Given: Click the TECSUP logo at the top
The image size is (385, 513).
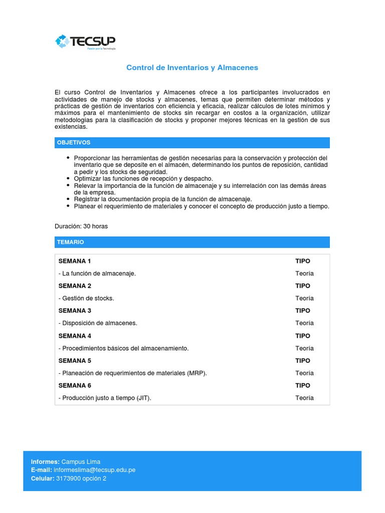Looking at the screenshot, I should tap(85, 42).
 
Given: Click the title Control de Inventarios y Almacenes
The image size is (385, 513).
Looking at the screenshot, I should tap(192, 67).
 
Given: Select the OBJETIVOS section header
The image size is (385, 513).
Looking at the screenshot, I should tap(74, 143).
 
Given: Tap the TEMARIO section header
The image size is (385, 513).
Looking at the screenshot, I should tap(71, 242).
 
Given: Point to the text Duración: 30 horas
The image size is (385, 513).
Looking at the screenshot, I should tap(81, 226).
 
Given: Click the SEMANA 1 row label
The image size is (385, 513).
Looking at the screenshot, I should tap(75, 261).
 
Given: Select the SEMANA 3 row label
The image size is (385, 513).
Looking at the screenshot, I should tap(75, 311).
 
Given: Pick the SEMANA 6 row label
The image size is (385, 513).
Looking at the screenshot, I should tap(75, 385).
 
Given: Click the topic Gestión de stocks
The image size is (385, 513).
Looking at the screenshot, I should tap(87, 298).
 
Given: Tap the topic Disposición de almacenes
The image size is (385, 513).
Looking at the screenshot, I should tap(98, 323).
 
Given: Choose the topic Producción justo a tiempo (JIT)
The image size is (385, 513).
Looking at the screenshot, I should tap(105, 398).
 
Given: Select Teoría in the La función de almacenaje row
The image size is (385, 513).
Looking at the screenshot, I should tap(304, 274).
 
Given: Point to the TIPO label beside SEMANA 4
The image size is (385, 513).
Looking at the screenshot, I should tap(303, 336).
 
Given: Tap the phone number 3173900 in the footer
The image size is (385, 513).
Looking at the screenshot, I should tap(74, 478).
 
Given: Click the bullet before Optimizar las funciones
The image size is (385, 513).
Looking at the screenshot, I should tap(68, 178).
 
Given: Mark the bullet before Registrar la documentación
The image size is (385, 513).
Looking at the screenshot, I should tap(68, 199).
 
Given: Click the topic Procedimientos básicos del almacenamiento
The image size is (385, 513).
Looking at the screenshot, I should tap(124, 348).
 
